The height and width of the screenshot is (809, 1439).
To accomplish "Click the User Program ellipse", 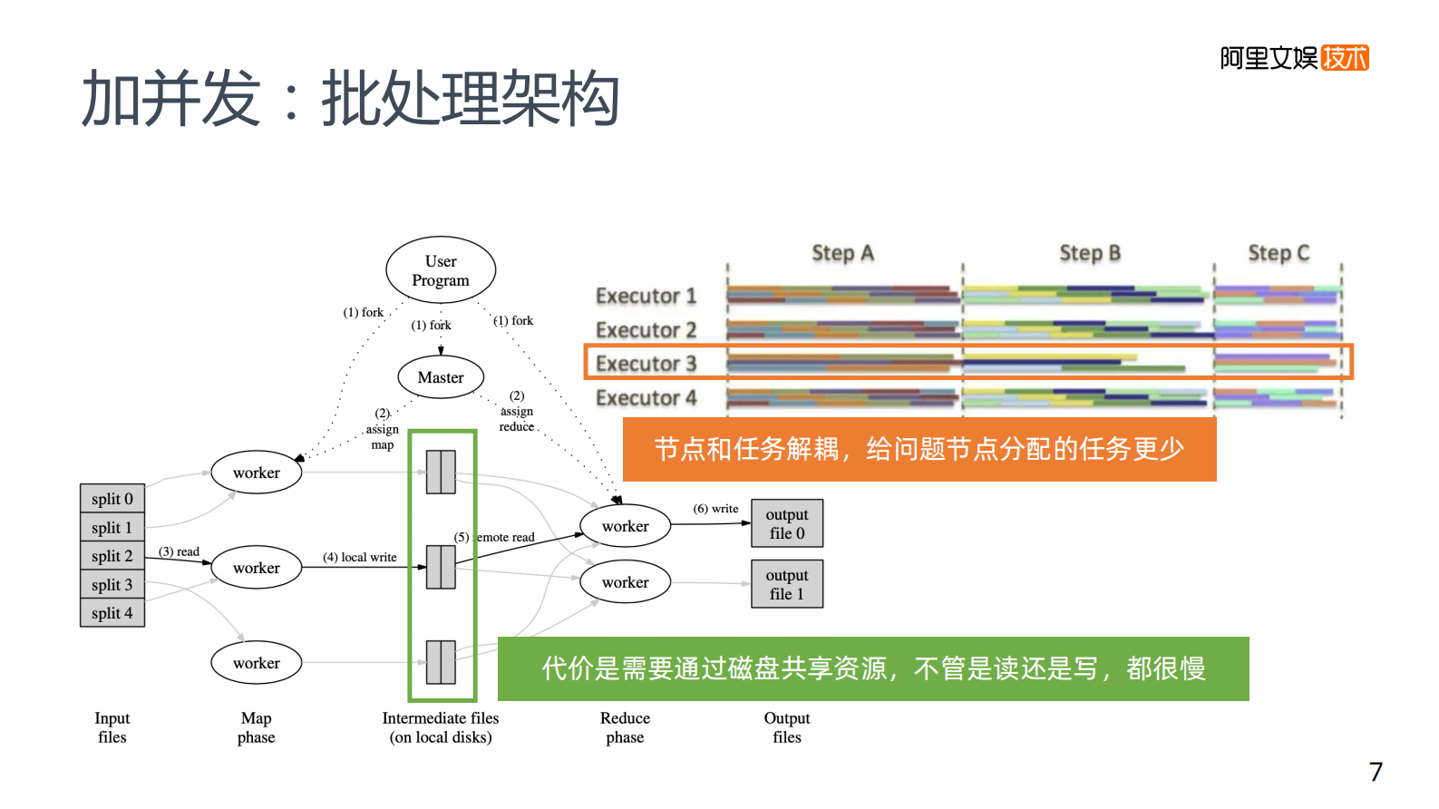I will point(441,270).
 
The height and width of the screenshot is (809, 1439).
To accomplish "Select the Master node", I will point(441,377).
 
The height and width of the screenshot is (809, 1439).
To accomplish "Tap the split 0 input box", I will point(112,499).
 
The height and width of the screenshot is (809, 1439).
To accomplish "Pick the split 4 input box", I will point(112,613).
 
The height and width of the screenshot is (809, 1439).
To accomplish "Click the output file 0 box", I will point(787,523).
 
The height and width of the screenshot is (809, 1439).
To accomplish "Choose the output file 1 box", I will point(787,584).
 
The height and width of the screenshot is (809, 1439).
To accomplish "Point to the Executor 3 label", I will point(646,364).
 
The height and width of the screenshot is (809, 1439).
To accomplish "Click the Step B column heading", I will point(1090,253).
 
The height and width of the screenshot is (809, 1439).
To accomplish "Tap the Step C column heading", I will point(1279,253).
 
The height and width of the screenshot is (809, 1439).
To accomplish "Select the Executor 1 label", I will point(646,296).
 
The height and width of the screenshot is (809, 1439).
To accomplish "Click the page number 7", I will point(1376,772).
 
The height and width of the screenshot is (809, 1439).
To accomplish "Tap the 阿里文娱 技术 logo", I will point(1294,58).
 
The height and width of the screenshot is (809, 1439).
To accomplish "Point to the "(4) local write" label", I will point(360,557).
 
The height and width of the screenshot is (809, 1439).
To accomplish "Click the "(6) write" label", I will point(715,509).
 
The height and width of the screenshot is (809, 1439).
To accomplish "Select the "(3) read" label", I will point(179,551).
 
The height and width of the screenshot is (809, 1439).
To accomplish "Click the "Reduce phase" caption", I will point(625,727).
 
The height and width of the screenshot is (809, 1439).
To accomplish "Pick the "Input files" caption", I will point(112,727).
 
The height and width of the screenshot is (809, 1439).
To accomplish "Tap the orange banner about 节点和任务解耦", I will point(919,449).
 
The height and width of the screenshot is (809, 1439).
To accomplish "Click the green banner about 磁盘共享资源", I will point(873,668).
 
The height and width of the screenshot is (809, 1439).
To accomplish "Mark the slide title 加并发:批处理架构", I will point(350,98).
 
